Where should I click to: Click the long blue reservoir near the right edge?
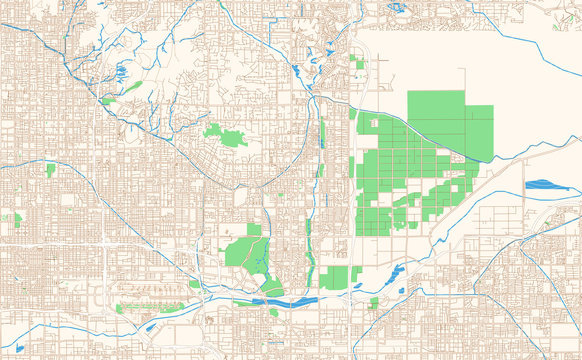(544, 184)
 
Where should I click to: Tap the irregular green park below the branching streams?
(226, 135)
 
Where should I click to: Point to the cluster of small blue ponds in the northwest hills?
(121, 72)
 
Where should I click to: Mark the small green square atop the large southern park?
(254, 230)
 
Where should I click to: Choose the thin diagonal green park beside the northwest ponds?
(108, 101)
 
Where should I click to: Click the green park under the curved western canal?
(50, 170)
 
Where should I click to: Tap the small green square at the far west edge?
(16, 217)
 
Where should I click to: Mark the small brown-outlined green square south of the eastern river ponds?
(374, 302)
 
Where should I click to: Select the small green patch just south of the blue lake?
(271, 311)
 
